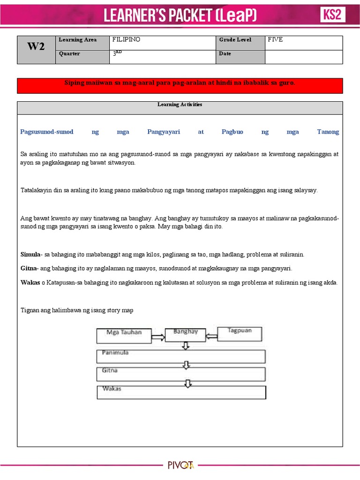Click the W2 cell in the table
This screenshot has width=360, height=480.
36,47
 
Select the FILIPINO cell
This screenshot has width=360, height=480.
127,40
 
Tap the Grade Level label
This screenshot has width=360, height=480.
235,40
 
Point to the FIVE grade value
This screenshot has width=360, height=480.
275,40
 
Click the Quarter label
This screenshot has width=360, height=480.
69,54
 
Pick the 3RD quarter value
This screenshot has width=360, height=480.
117,53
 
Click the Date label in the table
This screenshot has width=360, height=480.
225,54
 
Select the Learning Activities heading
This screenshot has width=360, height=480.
180,105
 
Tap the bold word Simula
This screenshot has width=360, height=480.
30,255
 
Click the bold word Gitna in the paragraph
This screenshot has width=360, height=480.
29,269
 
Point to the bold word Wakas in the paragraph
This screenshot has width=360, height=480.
30,283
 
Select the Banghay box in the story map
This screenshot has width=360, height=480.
186,333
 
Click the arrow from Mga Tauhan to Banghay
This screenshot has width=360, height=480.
158,336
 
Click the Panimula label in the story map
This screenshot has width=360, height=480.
115,352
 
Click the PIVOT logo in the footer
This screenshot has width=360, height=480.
180,465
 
